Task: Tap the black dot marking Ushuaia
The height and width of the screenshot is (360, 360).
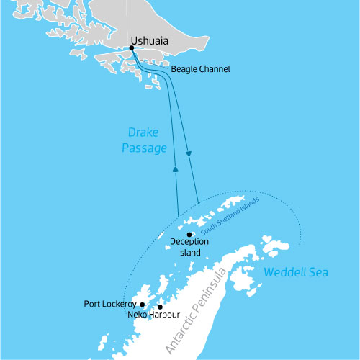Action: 131,48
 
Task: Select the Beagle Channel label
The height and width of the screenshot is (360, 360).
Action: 200,70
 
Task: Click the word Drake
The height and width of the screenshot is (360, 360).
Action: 144,133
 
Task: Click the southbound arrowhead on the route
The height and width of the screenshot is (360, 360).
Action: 189,153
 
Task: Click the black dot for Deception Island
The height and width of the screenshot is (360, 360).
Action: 189,235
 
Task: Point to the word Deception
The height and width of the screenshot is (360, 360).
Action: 189,243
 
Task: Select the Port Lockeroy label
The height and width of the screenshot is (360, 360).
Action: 110,304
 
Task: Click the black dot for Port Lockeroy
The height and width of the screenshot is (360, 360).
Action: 143,304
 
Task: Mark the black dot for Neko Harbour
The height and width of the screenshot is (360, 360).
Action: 160,307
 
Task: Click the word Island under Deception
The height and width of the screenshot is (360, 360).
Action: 189,253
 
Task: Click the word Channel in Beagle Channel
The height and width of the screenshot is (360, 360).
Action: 215,70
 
